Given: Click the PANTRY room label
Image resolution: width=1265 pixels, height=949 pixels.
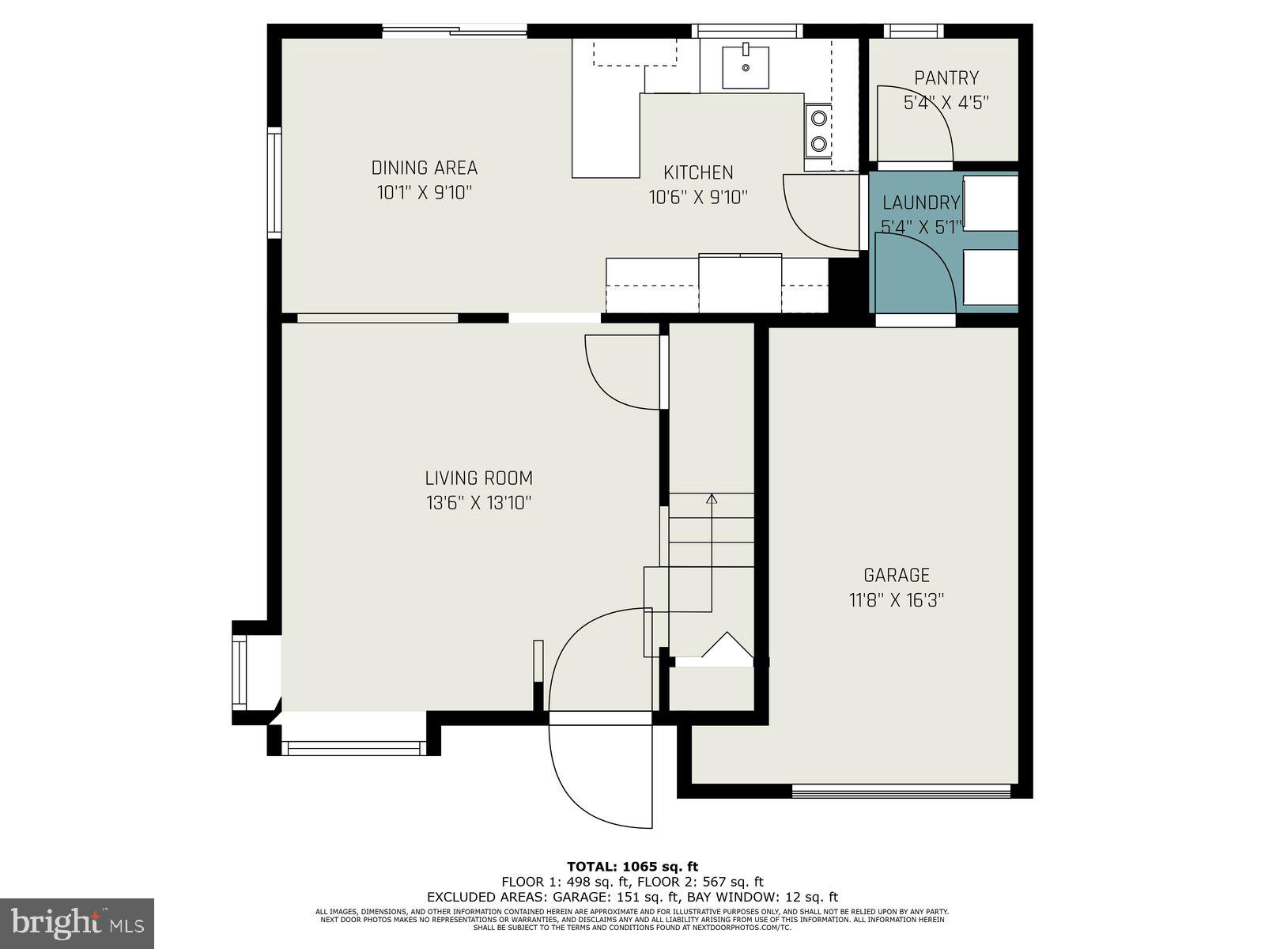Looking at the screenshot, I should click(946, 78).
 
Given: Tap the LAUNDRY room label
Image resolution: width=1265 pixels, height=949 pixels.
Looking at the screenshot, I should click(921, 203).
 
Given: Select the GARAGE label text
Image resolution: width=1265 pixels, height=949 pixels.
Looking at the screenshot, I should click(896, 575).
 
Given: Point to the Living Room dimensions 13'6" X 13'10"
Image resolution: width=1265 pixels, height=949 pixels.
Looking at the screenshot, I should click(478, 502).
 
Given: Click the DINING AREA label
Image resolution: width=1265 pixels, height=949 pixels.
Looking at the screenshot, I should click(425, 168).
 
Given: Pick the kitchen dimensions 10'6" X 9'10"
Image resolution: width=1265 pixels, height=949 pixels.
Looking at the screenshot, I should click(698, 197).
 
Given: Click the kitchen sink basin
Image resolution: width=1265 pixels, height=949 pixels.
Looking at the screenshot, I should click(746, 67).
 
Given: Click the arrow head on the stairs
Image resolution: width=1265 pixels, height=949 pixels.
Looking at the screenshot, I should click(712, 499).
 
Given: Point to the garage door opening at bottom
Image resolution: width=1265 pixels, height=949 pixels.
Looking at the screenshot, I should click(901, 789).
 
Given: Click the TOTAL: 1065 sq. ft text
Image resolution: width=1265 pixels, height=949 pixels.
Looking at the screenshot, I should click(632, 867).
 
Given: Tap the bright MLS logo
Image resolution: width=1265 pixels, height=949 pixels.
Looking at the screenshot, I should click(77, 923).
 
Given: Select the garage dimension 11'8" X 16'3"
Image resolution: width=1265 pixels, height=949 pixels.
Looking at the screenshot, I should click(896, 600).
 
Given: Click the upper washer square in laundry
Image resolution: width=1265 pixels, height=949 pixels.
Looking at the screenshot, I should click(990, 203).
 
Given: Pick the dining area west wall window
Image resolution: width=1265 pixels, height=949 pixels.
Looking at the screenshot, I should click(274, 182).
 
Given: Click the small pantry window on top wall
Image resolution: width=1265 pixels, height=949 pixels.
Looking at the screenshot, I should click(913, 32).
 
